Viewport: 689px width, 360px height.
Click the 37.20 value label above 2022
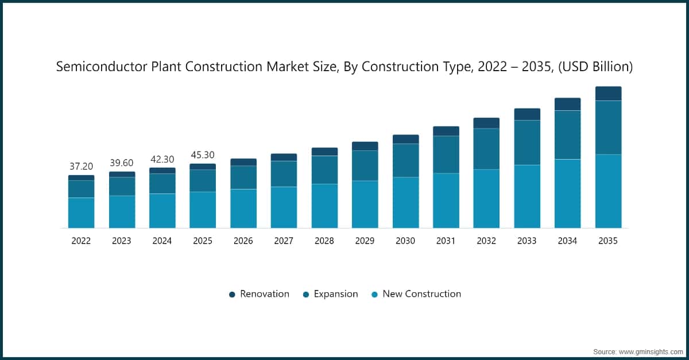81,167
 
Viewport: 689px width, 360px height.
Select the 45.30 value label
203,155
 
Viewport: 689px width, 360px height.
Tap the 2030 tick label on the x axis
405,241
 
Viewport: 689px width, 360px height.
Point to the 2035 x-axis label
608,241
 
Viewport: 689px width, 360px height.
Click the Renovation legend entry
264,294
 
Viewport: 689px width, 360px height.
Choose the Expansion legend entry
335,294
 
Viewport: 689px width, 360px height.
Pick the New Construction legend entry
421,294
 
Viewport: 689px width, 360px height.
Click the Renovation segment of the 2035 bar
608,94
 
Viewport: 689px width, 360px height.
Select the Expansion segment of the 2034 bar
567,135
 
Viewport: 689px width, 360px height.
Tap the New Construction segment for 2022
81,213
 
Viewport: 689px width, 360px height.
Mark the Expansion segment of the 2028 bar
324,170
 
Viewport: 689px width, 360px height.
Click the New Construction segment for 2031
446,200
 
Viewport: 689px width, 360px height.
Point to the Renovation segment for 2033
527,114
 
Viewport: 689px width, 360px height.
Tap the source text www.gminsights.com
649,351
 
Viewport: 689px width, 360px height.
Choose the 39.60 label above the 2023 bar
122,162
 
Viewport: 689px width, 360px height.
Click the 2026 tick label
243,241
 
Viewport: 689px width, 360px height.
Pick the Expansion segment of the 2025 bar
203,181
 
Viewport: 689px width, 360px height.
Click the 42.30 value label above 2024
162,159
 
